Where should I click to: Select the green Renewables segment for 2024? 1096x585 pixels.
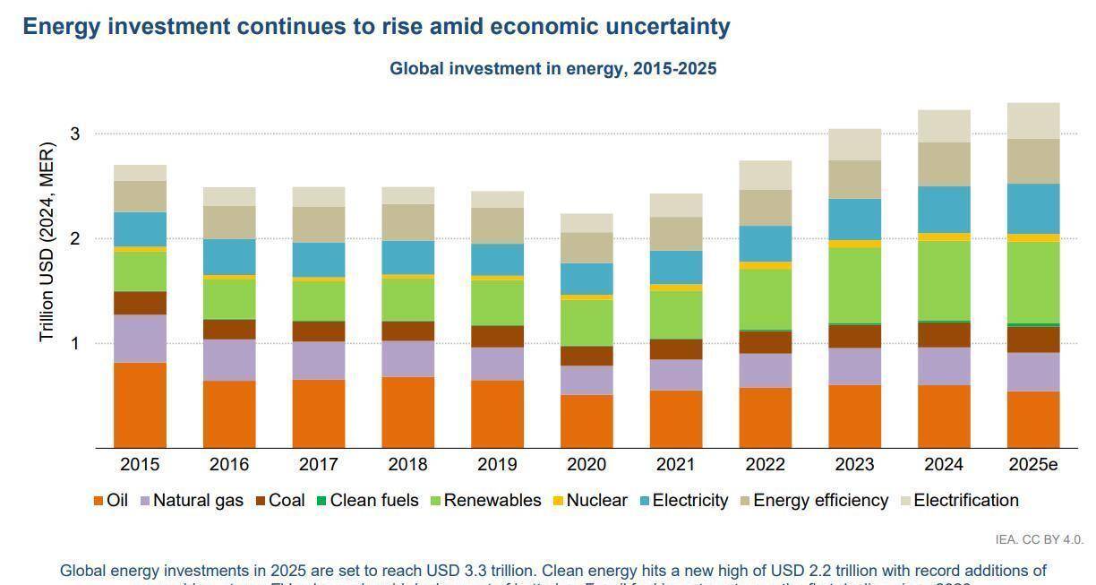pyautogui.click(x=943, y=280)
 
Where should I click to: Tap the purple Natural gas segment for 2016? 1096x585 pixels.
pyautogui.click(x=229, y=360)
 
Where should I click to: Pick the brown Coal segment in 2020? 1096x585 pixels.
pyautogui.click(x=587, y=356)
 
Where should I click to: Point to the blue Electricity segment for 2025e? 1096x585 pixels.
pyautogui.click(x=1032, y=209)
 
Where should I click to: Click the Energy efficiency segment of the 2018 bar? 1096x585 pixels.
pyautogui.click(x=407, y=222)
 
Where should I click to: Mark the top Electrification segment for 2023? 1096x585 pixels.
pyautogui.click(x=854, y=144)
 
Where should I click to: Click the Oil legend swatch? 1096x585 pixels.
pyautogui.click(x=99, y=501)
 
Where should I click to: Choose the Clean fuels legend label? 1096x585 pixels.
pyautogui.click(x=373, y=500)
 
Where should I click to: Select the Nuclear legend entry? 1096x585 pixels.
pyautogui.click(x=596, y=500)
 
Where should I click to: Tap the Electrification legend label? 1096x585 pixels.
pyautogui.click(x=965, y=500)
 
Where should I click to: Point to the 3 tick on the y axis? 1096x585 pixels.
pyautogui.click(x=75, y=134)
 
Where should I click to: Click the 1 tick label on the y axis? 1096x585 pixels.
pyautogui.click(x=75, y=344)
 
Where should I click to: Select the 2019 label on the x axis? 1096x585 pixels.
pyautogui.click(x=497, y=464)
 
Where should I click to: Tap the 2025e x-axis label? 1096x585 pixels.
pyautogui.click(x=1032, y=464)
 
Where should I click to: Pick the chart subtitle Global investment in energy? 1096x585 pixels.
pyautogui.click(x=552, y=69)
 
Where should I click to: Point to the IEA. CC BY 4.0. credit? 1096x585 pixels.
pyautogui.click(x=1039, y=539)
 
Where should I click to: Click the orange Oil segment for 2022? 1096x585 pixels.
pyautogui.click(x=765, y=417)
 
